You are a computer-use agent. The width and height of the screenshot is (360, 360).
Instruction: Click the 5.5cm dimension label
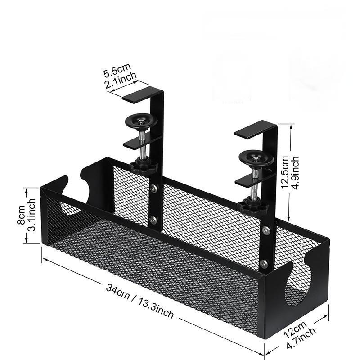tap(117, 70)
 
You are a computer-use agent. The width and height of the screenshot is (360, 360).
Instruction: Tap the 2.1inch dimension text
tap(121, 80)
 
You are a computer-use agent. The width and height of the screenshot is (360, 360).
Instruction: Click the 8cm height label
tap(21, 215)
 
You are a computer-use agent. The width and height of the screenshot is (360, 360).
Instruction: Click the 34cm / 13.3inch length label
tap(139, 301)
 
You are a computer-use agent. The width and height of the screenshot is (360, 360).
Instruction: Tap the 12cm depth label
tap(295, 329)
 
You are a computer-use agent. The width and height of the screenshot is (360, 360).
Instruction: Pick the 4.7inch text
tap(301, 338)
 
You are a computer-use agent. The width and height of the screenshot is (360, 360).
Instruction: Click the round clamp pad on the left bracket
tap(141, 121)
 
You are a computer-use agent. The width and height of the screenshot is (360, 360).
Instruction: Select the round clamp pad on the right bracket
tap(256, 158)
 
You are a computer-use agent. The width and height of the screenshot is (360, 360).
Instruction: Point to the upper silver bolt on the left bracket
tap(153, 189)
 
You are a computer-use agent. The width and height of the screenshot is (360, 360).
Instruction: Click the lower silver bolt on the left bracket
tap(153, 220)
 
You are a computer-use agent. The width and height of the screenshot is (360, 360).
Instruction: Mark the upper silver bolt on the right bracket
tap(266, 230)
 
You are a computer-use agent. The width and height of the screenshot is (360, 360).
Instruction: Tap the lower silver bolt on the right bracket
tap(264, 264)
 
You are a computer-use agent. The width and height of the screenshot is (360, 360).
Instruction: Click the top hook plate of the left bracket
tap(140, 94)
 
